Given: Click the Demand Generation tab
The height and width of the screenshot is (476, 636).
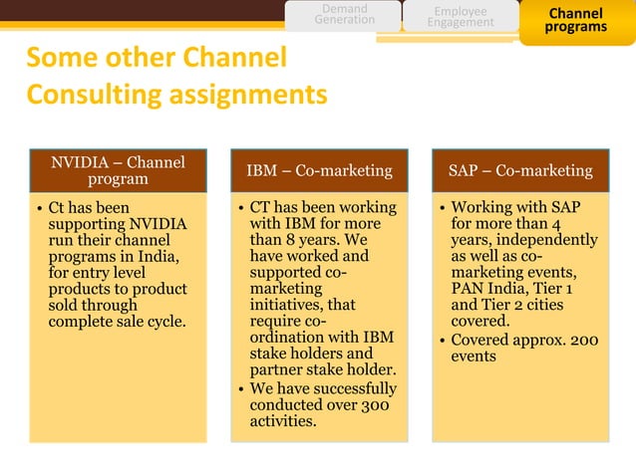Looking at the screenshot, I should tap(345, 14).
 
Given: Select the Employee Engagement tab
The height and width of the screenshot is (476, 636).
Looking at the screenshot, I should tap(460, 16).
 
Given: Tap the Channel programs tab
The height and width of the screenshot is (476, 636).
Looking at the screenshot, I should tap(575, 20).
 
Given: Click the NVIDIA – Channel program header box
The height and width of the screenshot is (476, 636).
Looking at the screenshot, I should tap(118, 170).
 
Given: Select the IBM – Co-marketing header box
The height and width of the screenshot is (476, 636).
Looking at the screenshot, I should tap(319, 170).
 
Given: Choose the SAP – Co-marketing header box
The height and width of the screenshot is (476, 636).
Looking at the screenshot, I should tap(520, 170).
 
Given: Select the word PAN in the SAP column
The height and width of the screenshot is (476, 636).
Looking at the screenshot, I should tap(469, 289).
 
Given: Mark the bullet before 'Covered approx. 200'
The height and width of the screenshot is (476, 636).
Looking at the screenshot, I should tap(442, 341).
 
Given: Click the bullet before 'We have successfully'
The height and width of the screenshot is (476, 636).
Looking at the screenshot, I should tap(240, 389).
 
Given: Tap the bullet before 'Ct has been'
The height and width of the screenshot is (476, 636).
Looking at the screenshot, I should tap(39, 209).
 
